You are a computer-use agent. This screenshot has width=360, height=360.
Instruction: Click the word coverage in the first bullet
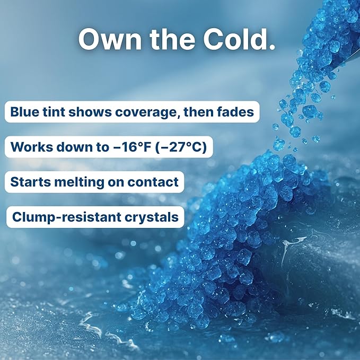click(x=144, y=112)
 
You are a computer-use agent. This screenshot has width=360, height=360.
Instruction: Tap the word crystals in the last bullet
click(x=153, y=217)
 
